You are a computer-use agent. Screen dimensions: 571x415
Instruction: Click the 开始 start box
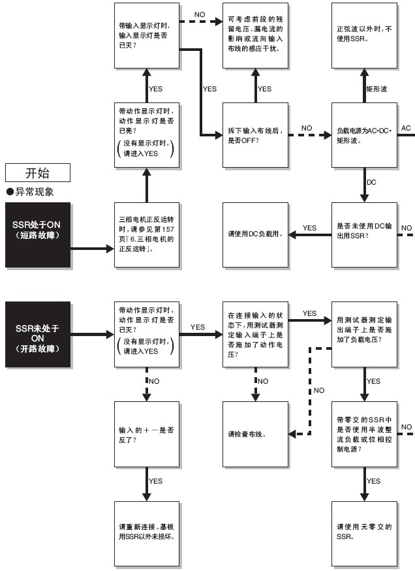click(x=37, y=173)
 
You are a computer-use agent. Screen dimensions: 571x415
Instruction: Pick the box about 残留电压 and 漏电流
click(x=255, y=34)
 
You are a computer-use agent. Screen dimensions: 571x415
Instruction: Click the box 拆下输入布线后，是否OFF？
click(x=255, y=135)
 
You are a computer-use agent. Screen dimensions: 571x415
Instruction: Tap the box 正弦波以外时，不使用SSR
click(x=364, y=34)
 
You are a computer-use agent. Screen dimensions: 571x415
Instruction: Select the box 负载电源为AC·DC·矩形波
click(x=364, y=135)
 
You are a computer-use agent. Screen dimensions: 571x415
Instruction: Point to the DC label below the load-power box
click(x=372, y=181)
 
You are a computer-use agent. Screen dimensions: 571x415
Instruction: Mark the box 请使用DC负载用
click(x=255, y=234)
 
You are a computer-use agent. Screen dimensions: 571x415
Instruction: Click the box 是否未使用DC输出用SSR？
click(x=364, y=234)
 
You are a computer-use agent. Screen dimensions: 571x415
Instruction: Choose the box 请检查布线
click(x=255, y=433)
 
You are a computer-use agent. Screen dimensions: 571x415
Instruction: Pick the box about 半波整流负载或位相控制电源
click(x=364, y=433)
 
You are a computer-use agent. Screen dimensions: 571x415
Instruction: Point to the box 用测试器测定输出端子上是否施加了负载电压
click(x=364, y=333)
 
